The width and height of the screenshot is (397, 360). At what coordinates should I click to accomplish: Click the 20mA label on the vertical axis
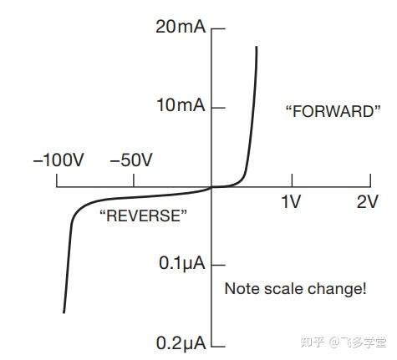pyautogui.click(x=181, y=27)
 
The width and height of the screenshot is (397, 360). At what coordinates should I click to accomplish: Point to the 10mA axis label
pyautogui.click(x=181, y=105)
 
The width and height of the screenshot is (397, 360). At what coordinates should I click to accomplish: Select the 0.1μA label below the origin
pyautogui.click(x=182, y=263)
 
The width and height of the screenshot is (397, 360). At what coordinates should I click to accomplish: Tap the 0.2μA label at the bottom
pyautogui.click(x=181, y=343)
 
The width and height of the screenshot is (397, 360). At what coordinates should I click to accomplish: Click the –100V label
pyautogui.click(x=59, y=160)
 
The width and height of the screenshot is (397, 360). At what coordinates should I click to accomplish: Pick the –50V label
pyautogui.click(x=131, y=160)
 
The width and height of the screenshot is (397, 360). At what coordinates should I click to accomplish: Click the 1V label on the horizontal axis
pyautogui.click(x=291, y=201)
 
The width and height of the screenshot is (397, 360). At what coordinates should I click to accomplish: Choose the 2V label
pyautogui.click(x=368, y=201)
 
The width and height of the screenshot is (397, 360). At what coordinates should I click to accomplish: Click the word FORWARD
pyautogui.click(x=333, y=111)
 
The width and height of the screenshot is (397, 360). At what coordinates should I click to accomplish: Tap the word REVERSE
pyautogui.click(x=144, y=215)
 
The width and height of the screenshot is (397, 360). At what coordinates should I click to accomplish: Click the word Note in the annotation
pyautogui.click(x=242, y=289)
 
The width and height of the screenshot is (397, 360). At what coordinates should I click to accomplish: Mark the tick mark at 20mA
pyautogui.click(x=218, y=28)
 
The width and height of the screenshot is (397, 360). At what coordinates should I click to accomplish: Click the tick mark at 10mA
pyautogui.click(x=218, y=108)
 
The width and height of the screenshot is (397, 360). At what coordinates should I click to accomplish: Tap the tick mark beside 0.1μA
pyautogui.click(x=218, y=265)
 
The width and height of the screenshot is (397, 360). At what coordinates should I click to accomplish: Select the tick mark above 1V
pyautogui.click(x=292, y=180)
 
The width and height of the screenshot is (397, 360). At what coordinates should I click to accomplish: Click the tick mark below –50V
pyautogui.click(x=134, y=180)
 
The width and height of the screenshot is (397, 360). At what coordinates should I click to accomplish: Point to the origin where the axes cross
pyautogui.click(x=211, y=187)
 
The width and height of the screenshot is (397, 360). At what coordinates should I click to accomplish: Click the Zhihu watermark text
pyautogui.click(x=344, y=342)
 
